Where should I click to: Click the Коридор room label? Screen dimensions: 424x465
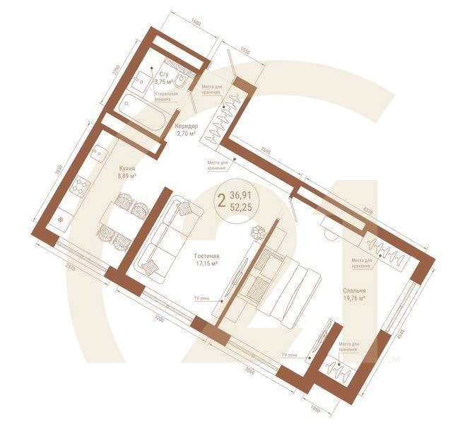coord(187,129)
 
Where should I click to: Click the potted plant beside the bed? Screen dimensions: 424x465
coord(258,231)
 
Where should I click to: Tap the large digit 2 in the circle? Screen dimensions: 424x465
coord(222,199)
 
